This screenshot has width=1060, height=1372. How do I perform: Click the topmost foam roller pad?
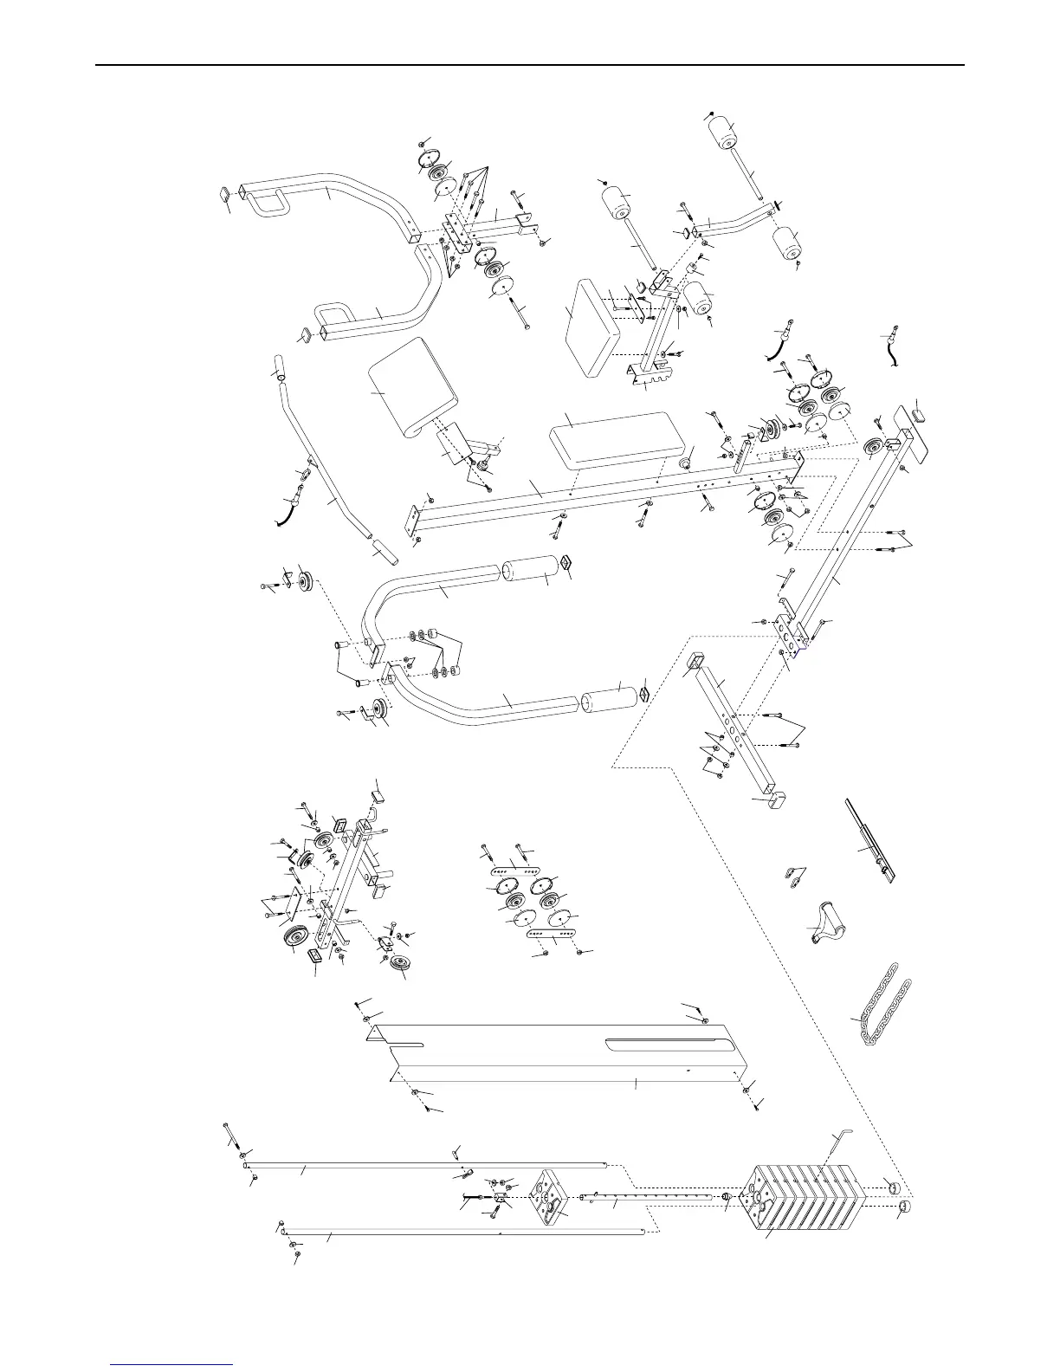730,136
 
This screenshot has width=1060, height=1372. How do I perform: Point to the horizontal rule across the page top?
529,65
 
